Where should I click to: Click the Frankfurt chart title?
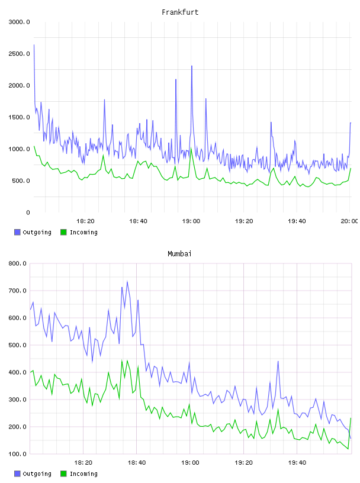pyautogui.click(x=180, y=12)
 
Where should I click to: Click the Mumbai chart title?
pyautogui.click(x=179, y=254)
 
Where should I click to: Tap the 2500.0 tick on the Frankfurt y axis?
pyautogui.click(x=19, y=54)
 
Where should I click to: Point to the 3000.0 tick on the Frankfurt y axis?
pyautogui.click(x=19, y=22)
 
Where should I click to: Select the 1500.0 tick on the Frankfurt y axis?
pyautogui.click(x=19, y=117)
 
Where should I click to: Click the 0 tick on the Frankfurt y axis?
pyautogui.click(x=28, y=212)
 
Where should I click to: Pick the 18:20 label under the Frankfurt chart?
pyautogui.click(x=85, y=221)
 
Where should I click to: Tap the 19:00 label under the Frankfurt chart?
pyautogui.click(x=191, y=221)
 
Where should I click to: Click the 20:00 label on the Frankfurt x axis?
pyautogui.click(x=349, y=221)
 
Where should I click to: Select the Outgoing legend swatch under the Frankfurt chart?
pyautogui.click(x=17, y=232)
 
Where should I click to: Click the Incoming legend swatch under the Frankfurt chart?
pyautogui.click(x=63, y=232)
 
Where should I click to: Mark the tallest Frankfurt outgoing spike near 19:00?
pyautogui.click(x=192, y=66)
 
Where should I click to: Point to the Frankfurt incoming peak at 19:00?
pyautogui.click(x=191, y=149)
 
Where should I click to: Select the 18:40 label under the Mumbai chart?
pyautogui.click(x=137, y=463)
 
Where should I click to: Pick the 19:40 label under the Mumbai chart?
pyautogui.click(x=297, y=463)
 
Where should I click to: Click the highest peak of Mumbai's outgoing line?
pyautogui.click(x=127, y=281)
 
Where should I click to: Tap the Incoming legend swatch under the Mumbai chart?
pyautogui.click(x=63, y=474)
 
